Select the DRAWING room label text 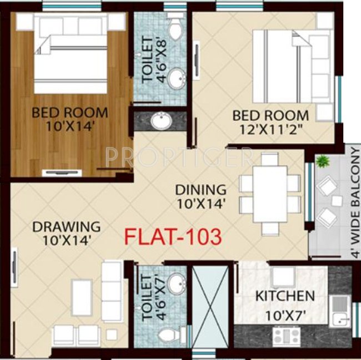pyautogui.click(x=66, y=226)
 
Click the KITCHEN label pyautogui.click(x=285, y=296)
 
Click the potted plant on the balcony pyautogui.click(x=321, y=161)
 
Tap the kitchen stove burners pyautogui.click(x=284, y=334)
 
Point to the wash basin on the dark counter pyautogui.click(x=162, y=119)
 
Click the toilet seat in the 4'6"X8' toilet pyautogui.click(x=176, y=29)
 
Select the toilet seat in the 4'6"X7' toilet pyautogui.click(x=169, y=334)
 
